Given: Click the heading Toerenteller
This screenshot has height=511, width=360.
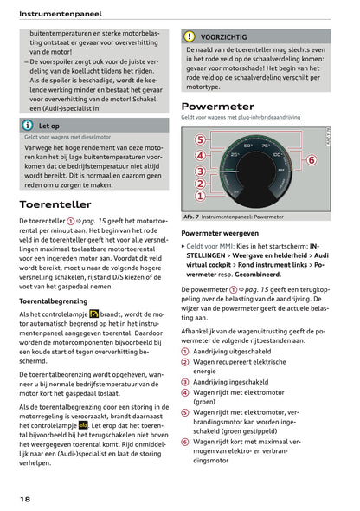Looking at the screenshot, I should point(55,205).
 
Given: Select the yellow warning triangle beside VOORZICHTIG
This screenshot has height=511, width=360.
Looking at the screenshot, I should point(190,37).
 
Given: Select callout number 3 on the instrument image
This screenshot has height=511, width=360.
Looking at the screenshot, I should point(199,171).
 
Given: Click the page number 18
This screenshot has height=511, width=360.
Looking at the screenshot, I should point(26,499).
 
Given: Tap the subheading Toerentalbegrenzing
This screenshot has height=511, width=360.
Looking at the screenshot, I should point(55,301).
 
